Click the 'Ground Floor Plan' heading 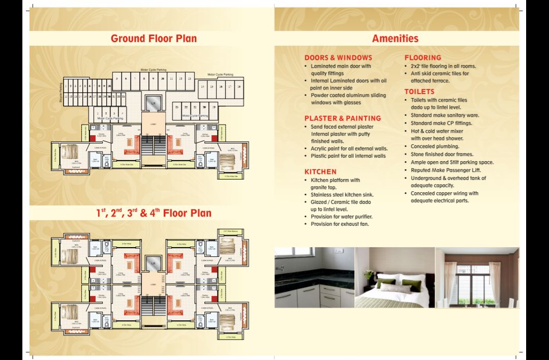(154, 39)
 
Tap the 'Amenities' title (395, 39)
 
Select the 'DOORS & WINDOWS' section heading (338, 58)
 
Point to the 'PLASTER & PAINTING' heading (343, 118)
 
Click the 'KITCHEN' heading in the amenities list (320, 172)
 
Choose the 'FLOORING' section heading (422, 58)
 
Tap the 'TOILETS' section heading (419, 92)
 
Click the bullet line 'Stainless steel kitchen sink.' (342, 195)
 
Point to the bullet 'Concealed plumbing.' (434, 146)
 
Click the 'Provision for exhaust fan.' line (340, 224)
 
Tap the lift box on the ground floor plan (153, 103)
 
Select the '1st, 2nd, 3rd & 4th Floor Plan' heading (154, 213)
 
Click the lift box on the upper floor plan (153, 263)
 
